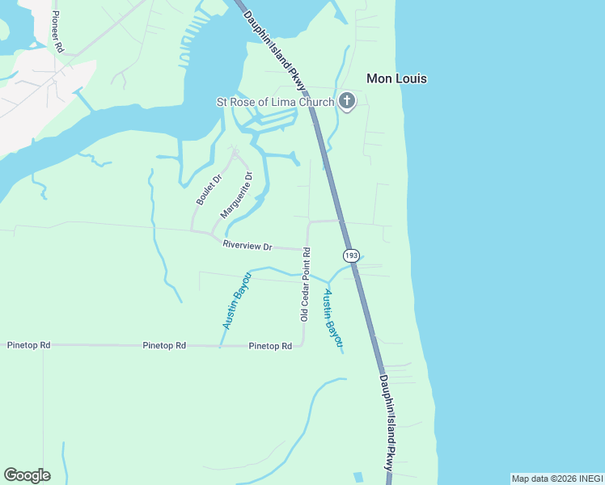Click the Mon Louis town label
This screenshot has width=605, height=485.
pos(396,78)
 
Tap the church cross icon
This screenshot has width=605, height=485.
pos(347,102)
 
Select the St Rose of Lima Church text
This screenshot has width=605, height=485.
pos(274,102)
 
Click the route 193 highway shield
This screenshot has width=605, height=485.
pos(351,255)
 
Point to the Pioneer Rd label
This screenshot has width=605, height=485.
pos(57,32)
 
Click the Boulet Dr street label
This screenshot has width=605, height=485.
pos(208,188)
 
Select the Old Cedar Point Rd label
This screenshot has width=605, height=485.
pos(306,285)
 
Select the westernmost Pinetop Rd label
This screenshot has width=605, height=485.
pos(28,345)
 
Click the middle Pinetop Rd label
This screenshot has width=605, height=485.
pos(164,345)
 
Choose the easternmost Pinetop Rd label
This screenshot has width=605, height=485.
pos(270,346)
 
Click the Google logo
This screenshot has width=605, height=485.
pos(27,475)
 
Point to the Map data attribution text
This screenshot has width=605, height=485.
pos(556,479)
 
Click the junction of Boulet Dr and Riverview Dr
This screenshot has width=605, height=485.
pos(192,231)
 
